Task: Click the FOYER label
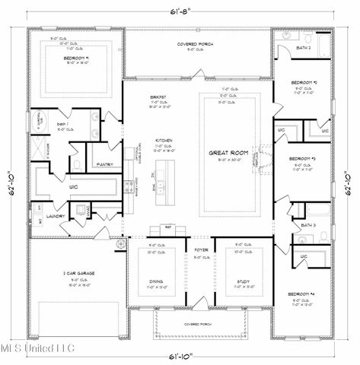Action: point(201,249)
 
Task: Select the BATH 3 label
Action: point(307,226)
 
